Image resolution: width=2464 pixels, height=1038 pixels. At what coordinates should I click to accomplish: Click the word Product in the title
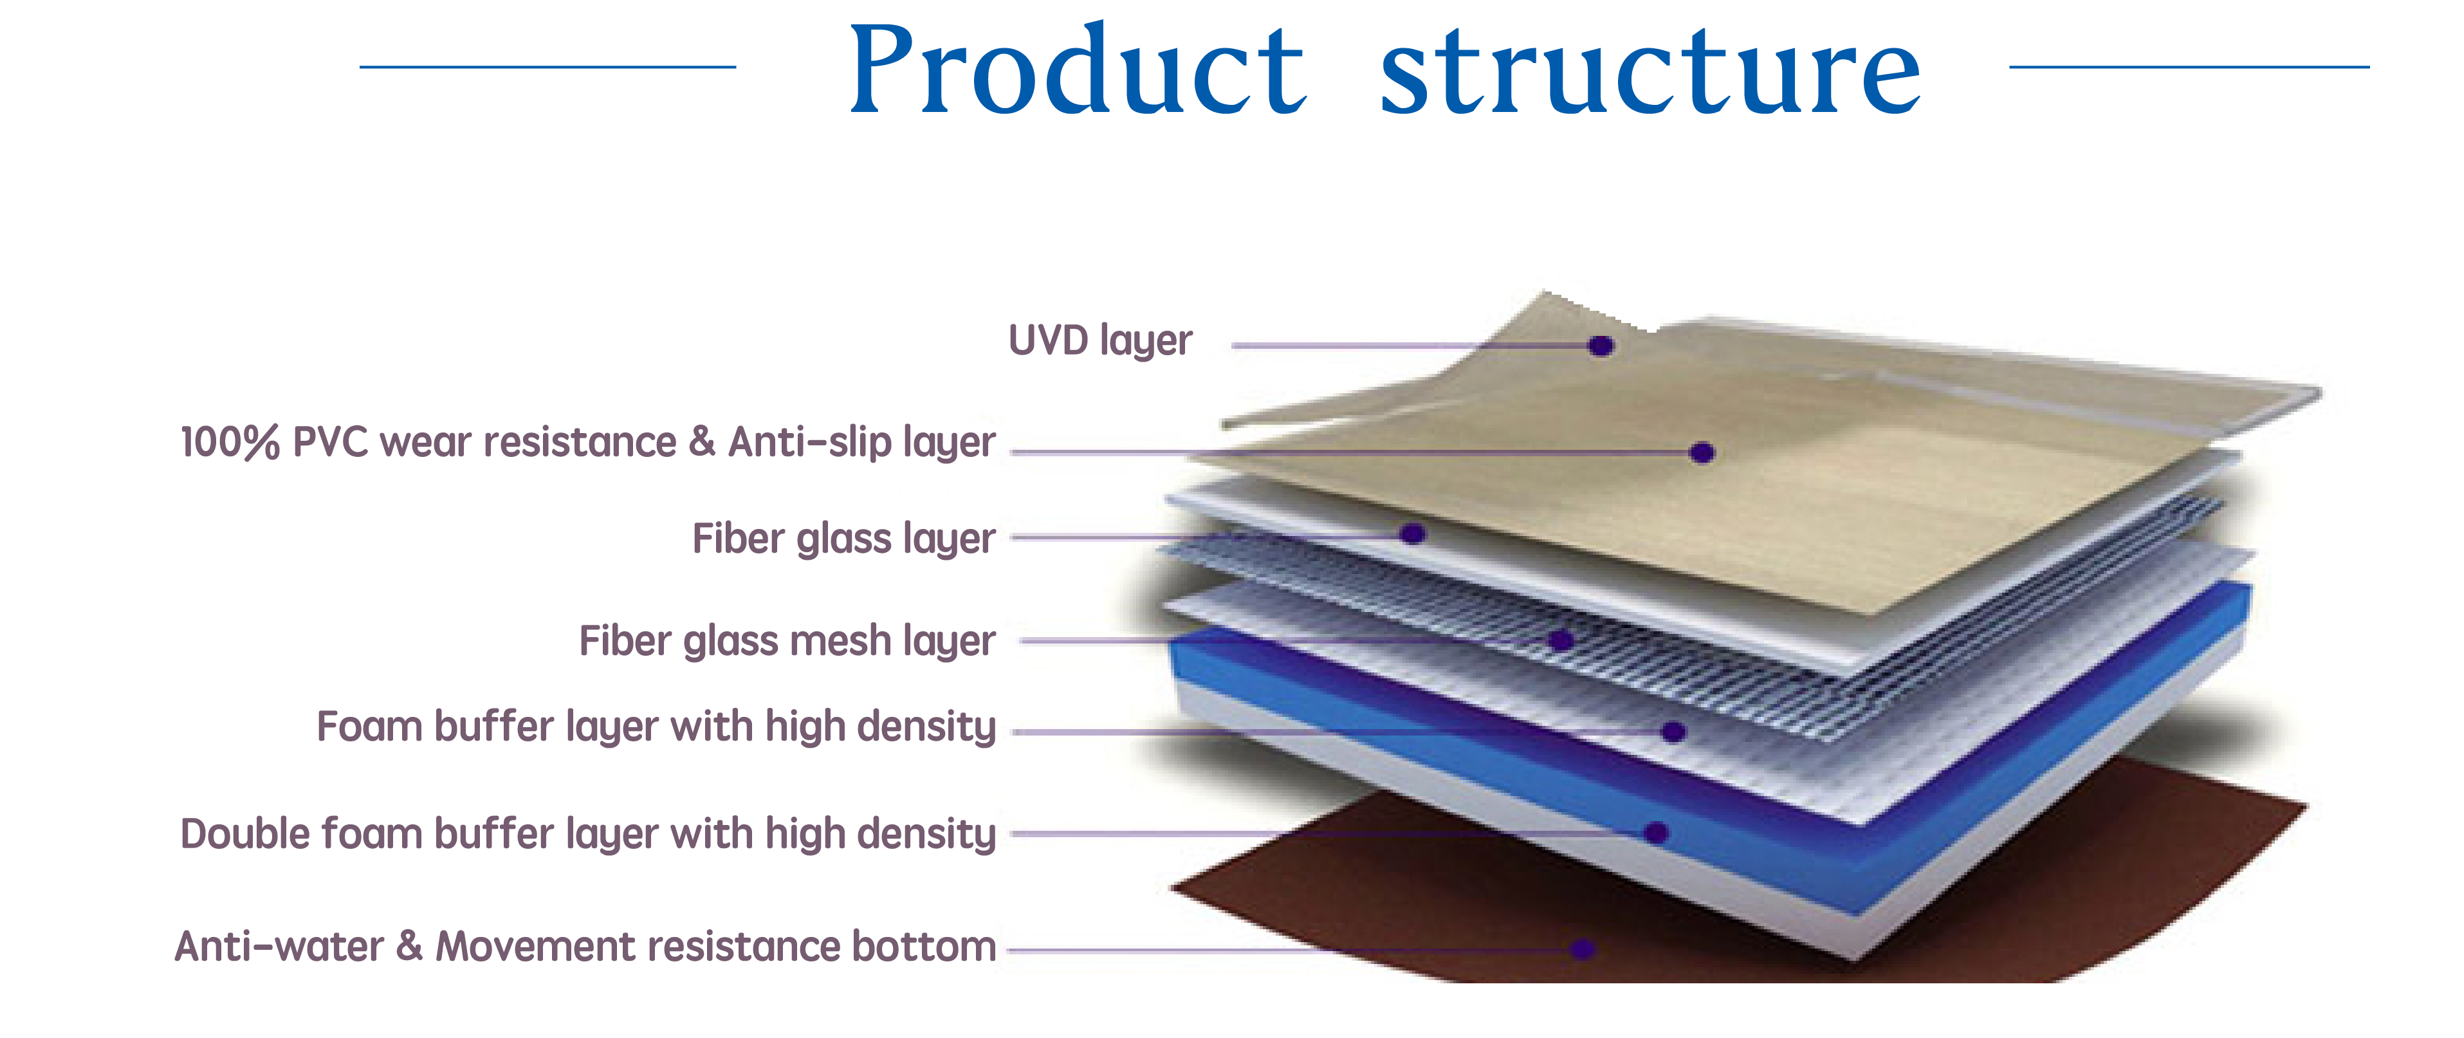pos(1078,68)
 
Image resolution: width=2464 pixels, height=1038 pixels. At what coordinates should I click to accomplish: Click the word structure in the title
pos(1651,73)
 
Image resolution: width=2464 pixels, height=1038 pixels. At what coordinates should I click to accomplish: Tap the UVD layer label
pos(1100,340)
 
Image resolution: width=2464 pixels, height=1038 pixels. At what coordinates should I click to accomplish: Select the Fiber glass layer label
pos(843,539)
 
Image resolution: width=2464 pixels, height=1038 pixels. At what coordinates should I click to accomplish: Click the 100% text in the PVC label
pos(230,442)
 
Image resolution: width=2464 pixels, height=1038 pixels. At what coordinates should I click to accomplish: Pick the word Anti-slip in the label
pos(809,442)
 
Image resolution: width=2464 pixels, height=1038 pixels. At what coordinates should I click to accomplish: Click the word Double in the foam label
pos(244,833)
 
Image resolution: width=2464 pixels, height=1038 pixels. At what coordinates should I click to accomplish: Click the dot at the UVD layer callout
pos(1601,346)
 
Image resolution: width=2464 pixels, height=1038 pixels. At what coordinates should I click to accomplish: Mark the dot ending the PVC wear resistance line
pos(1702,452)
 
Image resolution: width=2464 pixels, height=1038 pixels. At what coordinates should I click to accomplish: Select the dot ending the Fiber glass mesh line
pos(1561,640)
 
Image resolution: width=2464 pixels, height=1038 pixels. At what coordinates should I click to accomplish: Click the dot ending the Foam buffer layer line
pos(1673,732)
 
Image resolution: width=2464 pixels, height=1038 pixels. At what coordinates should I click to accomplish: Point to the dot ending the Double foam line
pos(1657,833)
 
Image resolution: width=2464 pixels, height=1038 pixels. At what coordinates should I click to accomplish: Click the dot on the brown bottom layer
pos(1583,949)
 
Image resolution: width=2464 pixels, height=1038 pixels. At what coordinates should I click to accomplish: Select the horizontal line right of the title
pos(2189,67)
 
